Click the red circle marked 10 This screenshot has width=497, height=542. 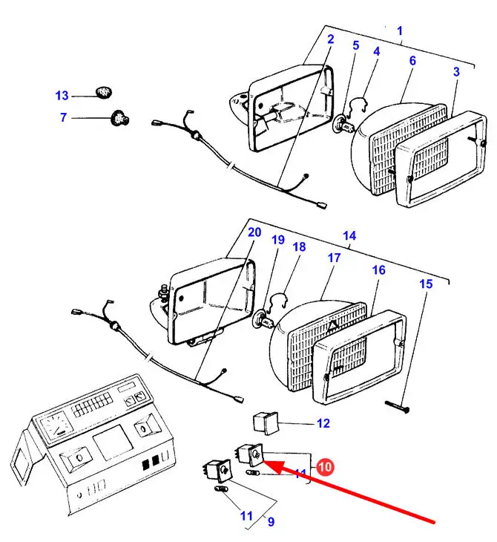click(325, 467)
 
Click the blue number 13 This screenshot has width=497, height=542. click(62, 95)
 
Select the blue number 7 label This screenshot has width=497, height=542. click(63, 117)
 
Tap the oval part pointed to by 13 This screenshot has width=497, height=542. click(104, 92)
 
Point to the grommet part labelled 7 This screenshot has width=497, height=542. click(120, 118)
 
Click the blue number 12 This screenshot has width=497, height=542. click(323, 423)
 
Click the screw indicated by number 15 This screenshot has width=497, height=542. click(397, 407)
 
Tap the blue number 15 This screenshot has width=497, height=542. click(426, 284)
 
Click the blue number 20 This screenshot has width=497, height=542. click(254, 232)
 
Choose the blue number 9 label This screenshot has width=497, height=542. click(271, 522)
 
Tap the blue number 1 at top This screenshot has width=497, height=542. click(400, 31)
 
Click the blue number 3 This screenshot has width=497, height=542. click(456, 71)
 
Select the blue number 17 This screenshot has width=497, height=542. click(334, 258)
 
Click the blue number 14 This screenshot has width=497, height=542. click(349, 236)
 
